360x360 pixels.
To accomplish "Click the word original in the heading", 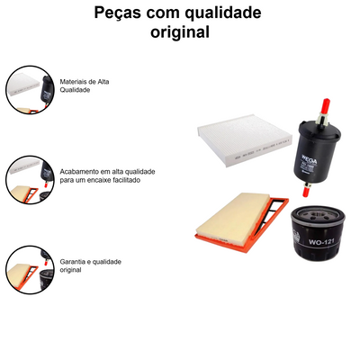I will tap(180, 33).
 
